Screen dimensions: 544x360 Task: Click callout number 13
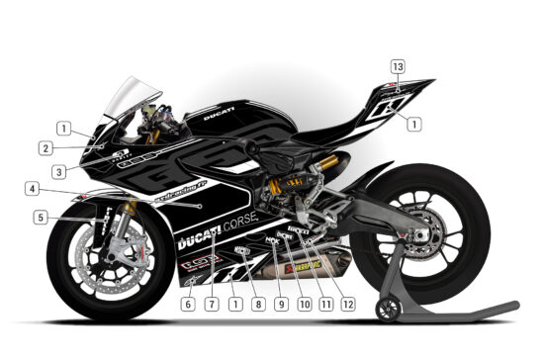398,66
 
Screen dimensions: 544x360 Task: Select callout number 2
46,148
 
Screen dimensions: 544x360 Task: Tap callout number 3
60,169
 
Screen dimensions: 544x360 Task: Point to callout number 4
33,189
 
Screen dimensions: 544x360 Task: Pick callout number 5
40,217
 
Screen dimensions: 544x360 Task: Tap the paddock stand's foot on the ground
465,309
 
